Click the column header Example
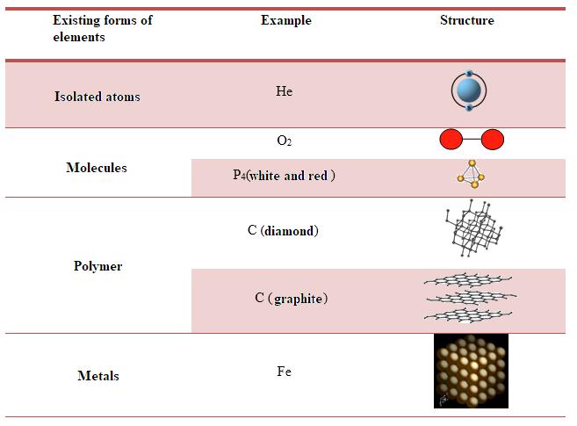pyautogui.click(x=285, y=20)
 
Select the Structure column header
pyautogui.click(x=466, y=20)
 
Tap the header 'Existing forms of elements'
pyautogui.click(x=102, y=28)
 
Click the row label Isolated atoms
pyautogui.click(x=97, y=97)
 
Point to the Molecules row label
pyautogui.click(x=97, y=168)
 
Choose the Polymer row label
pyautogui.click(x=97, y=266)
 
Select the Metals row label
pyautogui.click(x=97, y=376)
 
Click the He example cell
pyautogui.click(x=284, y=91)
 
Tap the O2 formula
pyautogui.click(x=284, y=141)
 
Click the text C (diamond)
pyautogui.click(x=283, y=231)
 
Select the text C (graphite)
pyautogui.click(x=292, y=299)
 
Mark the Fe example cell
pyautogui.click(x=284, y=372)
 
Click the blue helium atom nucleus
pyautogui.click(x=469, y=90)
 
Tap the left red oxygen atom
pyautogui.click(x=451, y=140)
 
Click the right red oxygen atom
pyautogui.click(x=493, y=140)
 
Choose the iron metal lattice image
pyautogui.click(x=471, y=371)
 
